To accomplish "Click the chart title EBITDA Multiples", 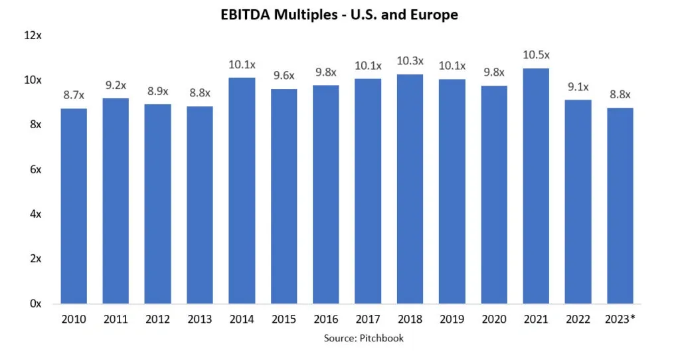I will point(339,14).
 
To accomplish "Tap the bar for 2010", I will point(74,206).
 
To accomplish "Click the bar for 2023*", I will point(620,205).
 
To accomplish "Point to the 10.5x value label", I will point(536,55).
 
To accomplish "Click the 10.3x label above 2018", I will point(410,60).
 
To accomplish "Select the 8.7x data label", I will point(74,96).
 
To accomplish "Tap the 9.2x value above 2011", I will point(116,85).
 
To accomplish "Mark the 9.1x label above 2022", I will point(578,86).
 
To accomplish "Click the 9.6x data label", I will point(284,76).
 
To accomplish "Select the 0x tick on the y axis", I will point(35,304).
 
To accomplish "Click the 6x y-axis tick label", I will point(35,169).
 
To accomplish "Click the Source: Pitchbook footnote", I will point(363,338).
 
